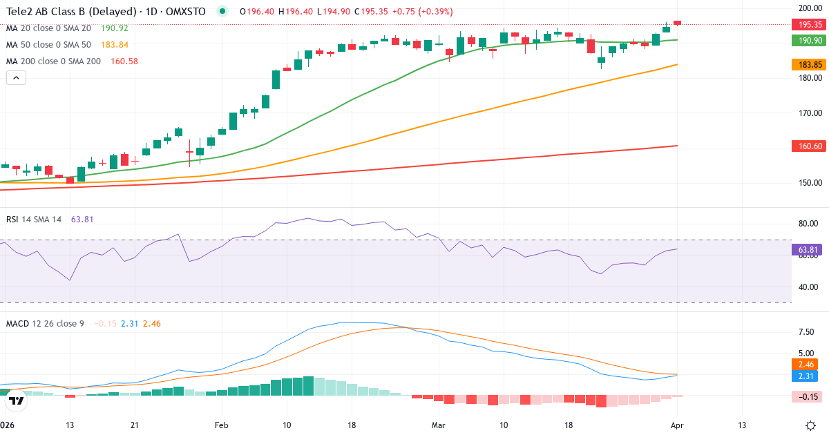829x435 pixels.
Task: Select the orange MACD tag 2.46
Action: [806, 364]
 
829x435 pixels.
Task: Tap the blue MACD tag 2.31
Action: [806, 376]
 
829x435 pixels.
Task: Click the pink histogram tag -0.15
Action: [806, 396]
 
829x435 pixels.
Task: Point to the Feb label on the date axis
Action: [221, 425]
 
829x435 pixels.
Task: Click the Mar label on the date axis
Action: [439, 425]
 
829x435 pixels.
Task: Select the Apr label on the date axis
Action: [678, 425]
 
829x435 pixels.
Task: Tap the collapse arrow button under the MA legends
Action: [16, 77]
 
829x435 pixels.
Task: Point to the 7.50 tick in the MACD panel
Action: [806, 331]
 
